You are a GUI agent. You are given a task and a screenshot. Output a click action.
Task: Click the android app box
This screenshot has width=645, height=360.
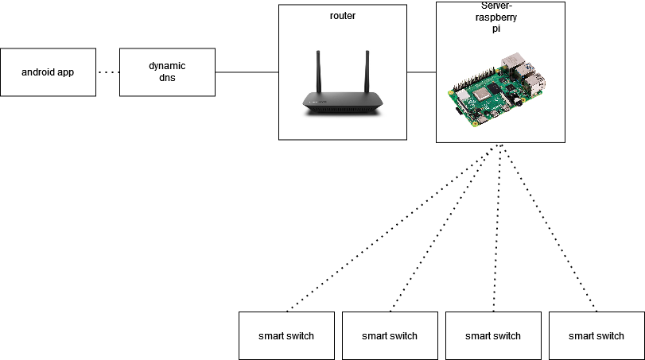coord(48,72)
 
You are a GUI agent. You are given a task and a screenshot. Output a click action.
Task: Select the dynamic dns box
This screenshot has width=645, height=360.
coord(167,72)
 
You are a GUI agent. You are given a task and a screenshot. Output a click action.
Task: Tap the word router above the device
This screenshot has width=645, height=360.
coord(342,15)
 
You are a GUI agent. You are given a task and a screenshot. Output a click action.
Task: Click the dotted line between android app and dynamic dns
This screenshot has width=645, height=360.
coord(107,72)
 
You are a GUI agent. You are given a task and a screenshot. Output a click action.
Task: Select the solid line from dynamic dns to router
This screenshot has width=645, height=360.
coord(247,72)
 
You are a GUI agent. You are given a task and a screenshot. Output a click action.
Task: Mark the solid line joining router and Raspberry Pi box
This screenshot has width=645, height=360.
coord(422,72)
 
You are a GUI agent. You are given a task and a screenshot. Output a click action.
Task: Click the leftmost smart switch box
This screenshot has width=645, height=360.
coord(286,335)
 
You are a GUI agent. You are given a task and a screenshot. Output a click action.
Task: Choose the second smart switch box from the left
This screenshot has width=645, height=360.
coord(390,335)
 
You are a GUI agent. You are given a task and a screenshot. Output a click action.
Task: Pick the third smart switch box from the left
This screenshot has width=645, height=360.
coord(493,335)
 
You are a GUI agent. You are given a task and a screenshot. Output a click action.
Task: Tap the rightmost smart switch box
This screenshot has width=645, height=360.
coord(596,335)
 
